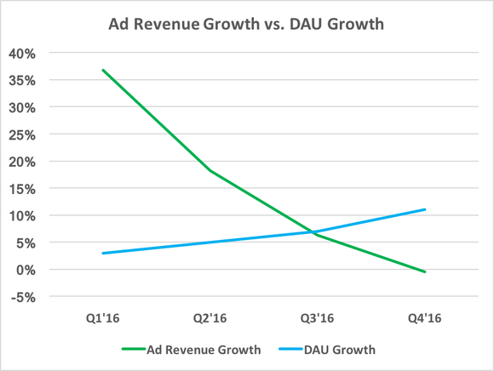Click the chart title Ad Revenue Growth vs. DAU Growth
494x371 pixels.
click(246, 24)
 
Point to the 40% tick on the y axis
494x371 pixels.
click(22, 54)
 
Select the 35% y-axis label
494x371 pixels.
click(22, 81)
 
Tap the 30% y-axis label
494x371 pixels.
click(22, 108)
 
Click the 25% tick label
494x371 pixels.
click(22, 135)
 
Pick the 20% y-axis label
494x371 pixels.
click(22, 162)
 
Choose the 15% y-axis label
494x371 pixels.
click(22, 189)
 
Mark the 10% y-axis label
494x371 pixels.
click(22, 216)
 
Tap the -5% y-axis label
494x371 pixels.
click(23, 297)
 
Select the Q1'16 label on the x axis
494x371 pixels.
click(102, 317)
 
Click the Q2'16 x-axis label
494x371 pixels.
click(210, 317)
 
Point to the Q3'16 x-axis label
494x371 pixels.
click(317, 317)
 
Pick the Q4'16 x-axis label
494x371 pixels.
click(424, 317)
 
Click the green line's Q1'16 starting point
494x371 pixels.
click(102, 70)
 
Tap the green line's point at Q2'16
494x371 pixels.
click(210, 171)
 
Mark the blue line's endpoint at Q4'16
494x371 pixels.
click(424, 209)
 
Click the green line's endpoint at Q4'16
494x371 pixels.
click(424, 272)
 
